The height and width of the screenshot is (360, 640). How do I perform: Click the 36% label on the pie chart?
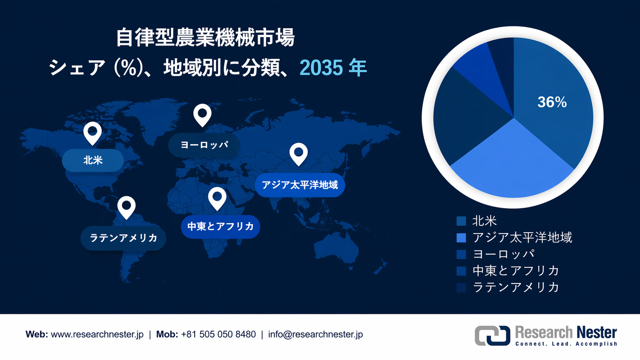pos(552,102)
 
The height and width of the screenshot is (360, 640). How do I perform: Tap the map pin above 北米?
pos(93,132)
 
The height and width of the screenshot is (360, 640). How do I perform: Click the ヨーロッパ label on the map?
pos(204,145)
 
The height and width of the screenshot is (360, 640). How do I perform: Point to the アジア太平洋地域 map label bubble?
pos(300,185)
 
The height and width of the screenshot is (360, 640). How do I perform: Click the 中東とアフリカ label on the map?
pos(220,226)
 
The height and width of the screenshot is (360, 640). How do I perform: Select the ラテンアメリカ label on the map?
pos(123,238)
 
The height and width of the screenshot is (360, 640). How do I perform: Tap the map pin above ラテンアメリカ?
pos(126,207)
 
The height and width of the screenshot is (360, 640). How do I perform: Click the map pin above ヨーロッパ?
pos(202,114)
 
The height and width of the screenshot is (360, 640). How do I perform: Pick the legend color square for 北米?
pos(461,221)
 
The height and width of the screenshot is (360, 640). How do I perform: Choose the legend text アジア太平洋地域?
pos(522,238)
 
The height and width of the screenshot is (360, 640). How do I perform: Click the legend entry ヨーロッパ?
pos(503,254)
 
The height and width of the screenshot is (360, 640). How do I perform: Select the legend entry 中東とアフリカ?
pos(516,270)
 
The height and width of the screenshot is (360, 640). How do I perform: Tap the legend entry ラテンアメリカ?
pos(516,287)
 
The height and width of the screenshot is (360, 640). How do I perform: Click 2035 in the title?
pos(321,68)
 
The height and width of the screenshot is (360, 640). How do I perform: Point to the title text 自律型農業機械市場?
pos(205,37)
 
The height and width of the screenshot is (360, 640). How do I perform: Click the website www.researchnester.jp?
pos(97,334)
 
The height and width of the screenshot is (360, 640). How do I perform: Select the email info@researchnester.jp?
pos(315,334)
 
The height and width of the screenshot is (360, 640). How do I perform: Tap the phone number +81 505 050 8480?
pos(218,334)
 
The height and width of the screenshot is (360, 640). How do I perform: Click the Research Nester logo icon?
pos(492,336)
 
